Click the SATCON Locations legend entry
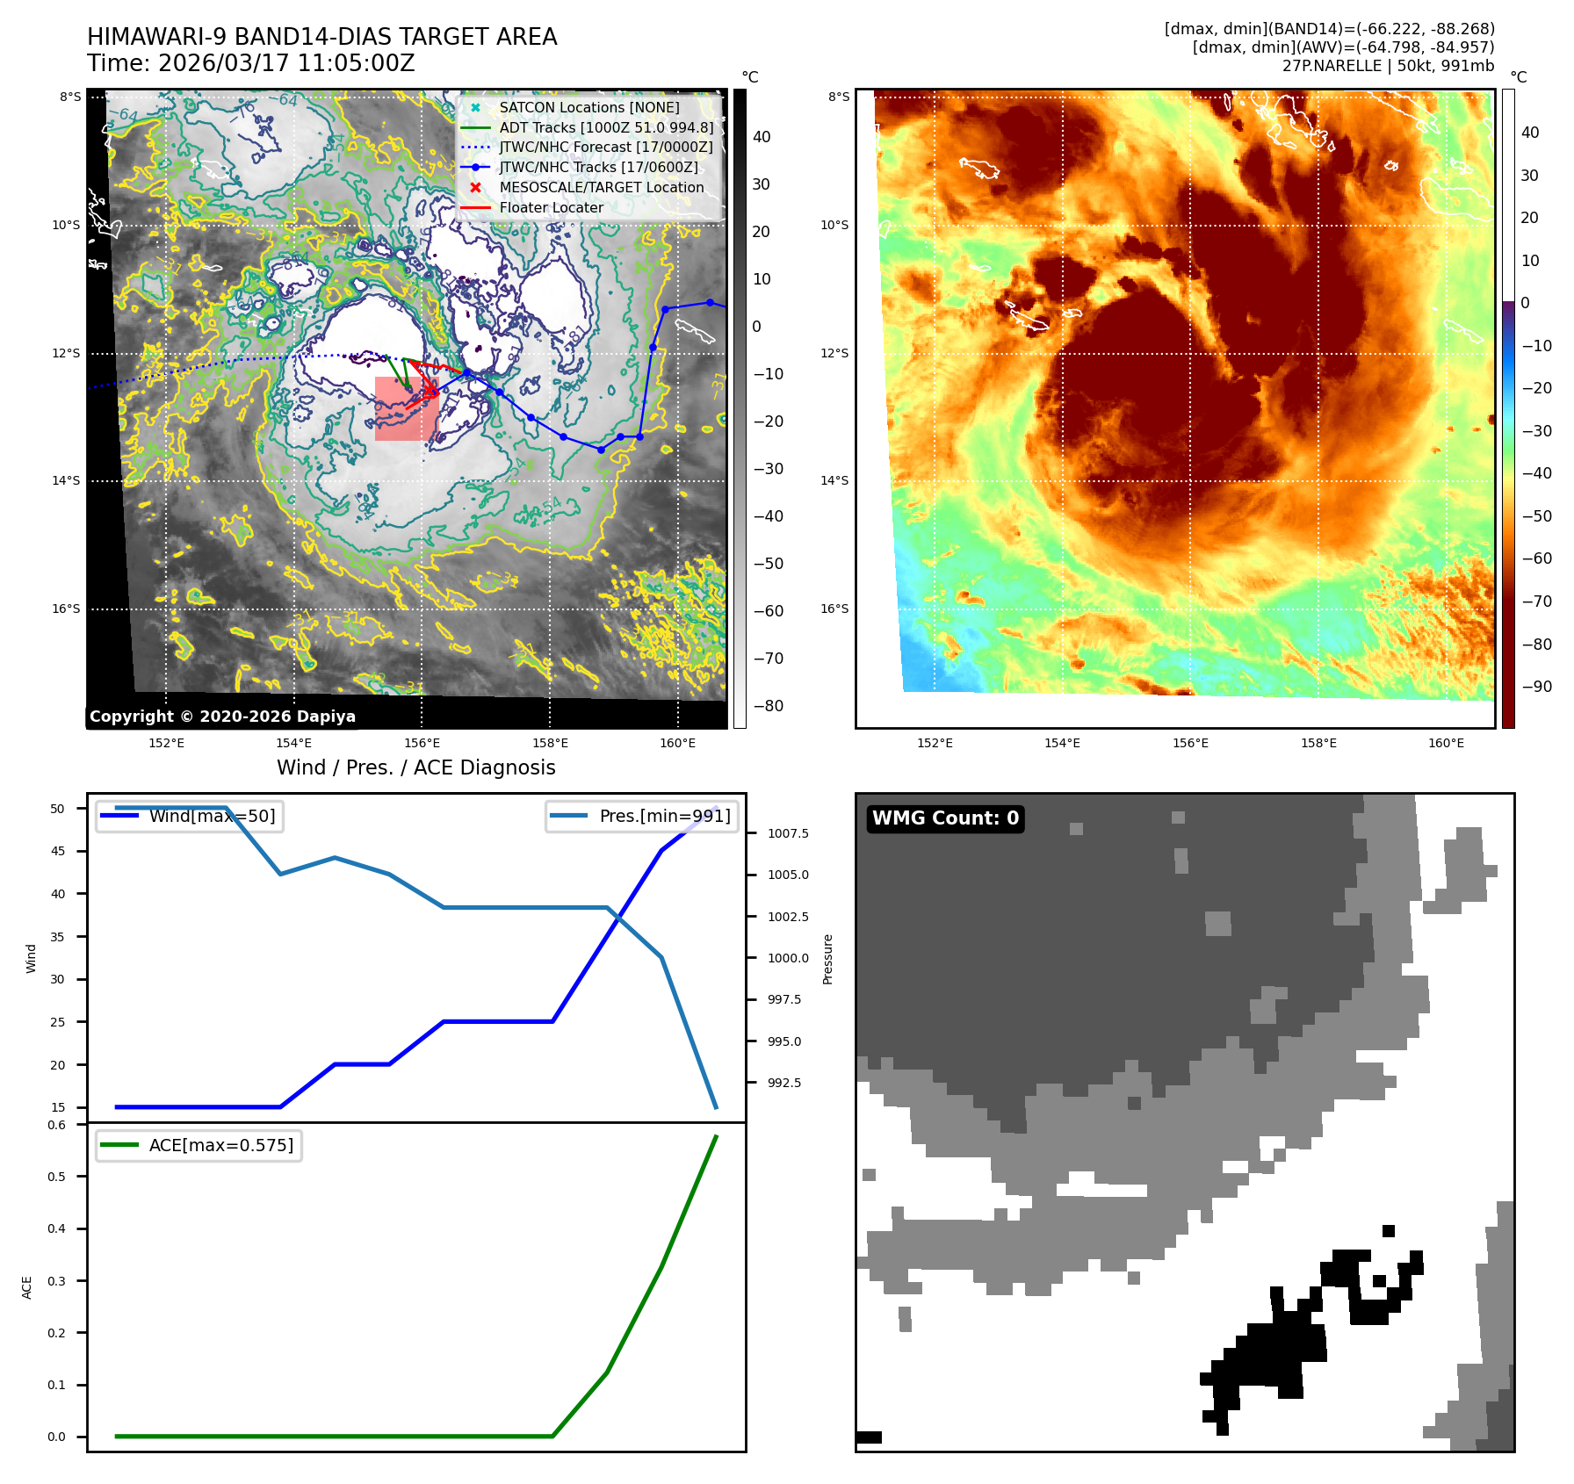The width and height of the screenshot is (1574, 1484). (588, 107)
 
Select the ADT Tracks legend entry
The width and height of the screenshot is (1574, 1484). (606, 127)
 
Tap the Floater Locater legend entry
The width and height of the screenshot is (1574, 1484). (551, 207)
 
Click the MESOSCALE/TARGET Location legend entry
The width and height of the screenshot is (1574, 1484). (601, 187)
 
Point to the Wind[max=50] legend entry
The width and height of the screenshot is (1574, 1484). (212, 816)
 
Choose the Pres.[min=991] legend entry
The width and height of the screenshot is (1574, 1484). (664, 816)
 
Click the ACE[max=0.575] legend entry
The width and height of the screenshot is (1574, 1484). (220, 1145)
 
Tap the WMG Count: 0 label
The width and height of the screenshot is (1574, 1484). (945, 818)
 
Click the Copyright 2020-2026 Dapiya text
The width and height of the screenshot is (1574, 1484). (222, 717)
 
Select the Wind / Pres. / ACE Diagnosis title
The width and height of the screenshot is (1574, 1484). (415, 767)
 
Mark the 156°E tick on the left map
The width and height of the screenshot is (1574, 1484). (422, 743)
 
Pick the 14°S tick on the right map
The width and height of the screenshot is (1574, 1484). (834, 480)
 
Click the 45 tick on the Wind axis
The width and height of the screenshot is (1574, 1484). (58, 851)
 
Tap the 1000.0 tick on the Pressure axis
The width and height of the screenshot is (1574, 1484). (788, 958)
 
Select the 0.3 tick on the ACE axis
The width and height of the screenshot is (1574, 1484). (57, 1281)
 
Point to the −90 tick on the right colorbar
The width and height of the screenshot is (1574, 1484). (1536, 687)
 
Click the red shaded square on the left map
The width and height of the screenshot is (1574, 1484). (406, 408)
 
